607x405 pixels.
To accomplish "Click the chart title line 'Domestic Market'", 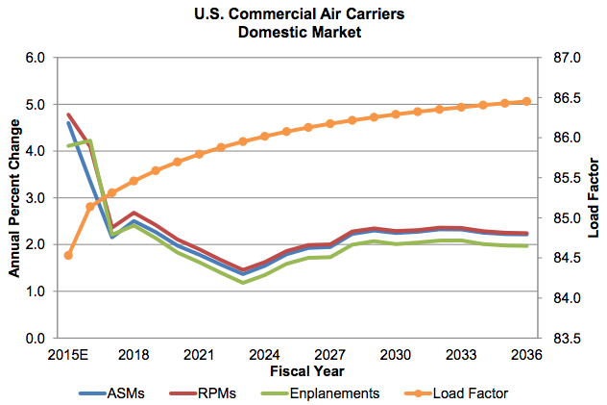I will pos(303,31).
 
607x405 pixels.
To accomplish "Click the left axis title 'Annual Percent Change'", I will pos(14,197).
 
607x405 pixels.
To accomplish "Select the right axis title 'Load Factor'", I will pos(593,199).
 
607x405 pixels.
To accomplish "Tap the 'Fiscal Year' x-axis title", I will pos(301,369).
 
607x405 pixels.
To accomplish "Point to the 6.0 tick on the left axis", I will pos(36,58).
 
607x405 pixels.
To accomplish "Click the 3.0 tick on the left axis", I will pos(36,198).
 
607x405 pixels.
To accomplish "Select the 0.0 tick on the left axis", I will pos(36,339).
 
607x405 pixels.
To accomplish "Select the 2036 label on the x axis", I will pos(526,355).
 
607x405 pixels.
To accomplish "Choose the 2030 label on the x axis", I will pos(395,355).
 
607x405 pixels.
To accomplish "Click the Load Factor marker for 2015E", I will pos(68,255).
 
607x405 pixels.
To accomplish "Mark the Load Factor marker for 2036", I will pos(526,101).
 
